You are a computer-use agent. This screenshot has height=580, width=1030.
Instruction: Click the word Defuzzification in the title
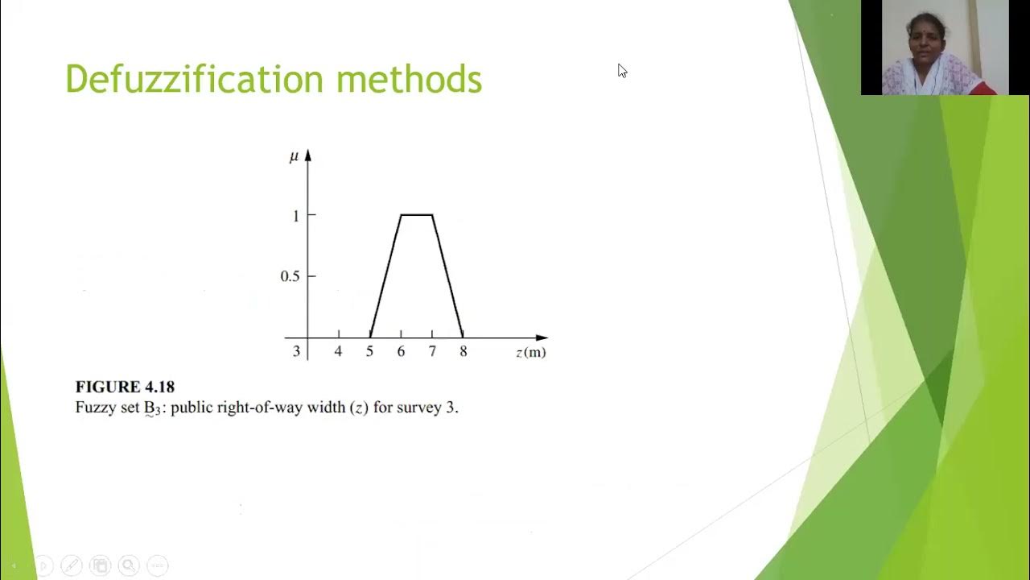click(x=196, y=80)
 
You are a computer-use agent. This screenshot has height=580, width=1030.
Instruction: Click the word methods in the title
click(x=409, y=80)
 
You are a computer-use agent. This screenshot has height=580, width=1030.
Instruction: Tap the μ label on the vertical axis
click(x=294, y=156)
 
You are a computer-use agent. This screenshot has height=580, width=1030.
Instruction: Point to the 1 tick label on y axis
click(x=296, y=215)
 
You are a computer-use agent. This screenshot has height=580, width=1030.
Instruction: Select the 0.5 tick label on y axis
click(x=290, y=276)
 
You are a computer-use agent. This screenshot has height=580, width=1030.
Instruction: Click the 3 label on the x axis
click(x=296, y=351)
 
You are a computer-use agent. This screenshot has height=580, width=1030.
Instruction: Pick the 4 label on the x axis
click(x=338, y=351)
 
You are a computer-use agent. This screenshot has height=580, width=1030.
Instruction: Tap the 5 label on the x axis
click(x=369, y=351)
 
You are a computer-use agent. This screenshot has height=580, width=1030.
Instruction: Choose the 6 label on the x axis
click(x=401, y=351)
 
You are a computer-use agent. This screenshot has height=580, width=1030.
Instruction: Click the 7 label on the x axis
click(x=432, y=351)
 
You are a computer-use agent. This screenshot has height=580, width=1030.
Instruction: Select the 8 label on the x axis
click(x=463, y=351)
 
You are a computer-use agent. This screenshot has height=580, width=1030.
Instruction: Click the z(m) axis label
click(x=531, y=352)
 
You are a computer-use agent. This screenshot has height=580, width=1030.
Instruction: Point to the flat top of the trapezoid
click(x=417, y=215)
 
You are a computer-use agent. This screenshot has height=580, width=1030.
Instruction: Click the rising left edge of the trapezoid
click(x=385, y=275)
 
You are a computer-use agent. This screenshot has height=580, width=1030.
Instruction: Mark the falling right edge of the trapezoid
click(x=447, y=275)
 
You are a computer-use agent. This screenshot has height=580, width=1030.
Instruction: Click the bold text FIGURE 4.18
click(x=125, y=387)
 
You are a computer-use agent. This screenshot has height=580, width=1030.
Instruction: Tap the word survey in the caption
click(x=419, y=408)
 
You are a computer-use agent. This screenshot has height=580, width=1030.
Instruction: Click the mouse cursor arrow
click(x=621, y=70)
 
